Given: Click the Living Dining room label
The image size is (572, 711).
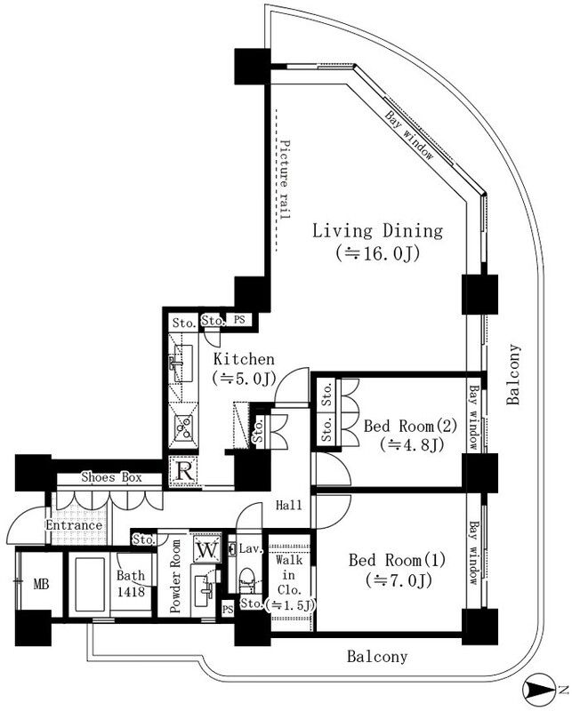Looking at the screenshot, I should (376, 232).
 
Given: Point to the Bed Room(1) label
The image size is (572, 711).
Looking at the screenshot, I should (389, 561).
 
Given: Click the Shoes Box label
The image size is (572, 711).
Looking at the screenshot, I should (111, 478).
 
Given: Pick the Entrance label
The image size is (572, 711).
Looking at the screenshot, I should (75, 525).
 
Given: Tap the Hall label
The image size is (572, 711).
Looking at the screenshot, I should (288, 506).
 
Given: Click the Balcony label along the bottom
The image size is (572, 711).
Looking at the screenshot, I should (376, 658).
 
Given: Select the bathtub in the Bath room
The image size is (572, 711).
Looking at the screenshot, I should (91, 584).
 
